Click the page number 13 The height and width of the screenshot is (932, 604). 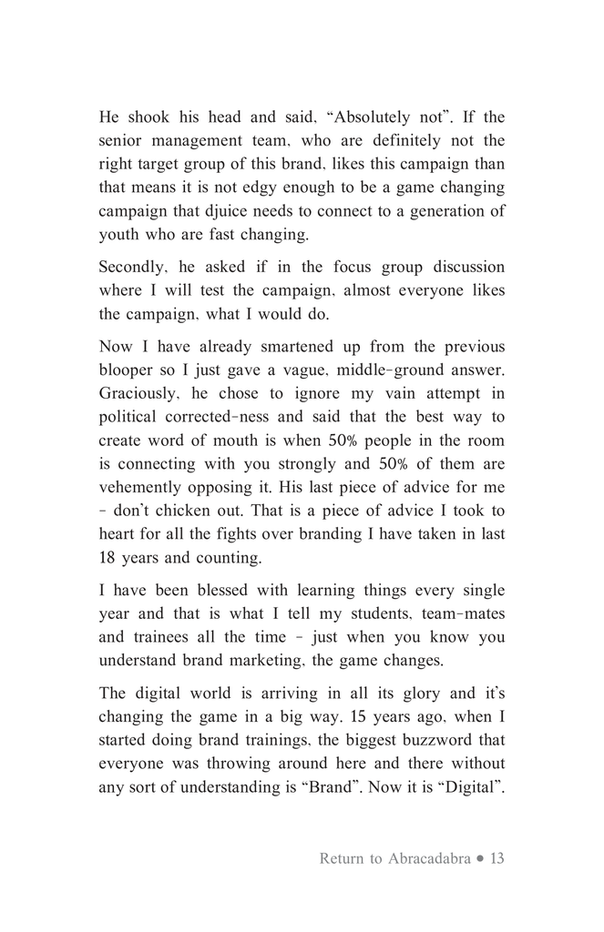(x=496, y=858)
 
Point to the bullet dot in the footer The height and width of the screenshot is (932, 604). (x=480, y=859)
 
